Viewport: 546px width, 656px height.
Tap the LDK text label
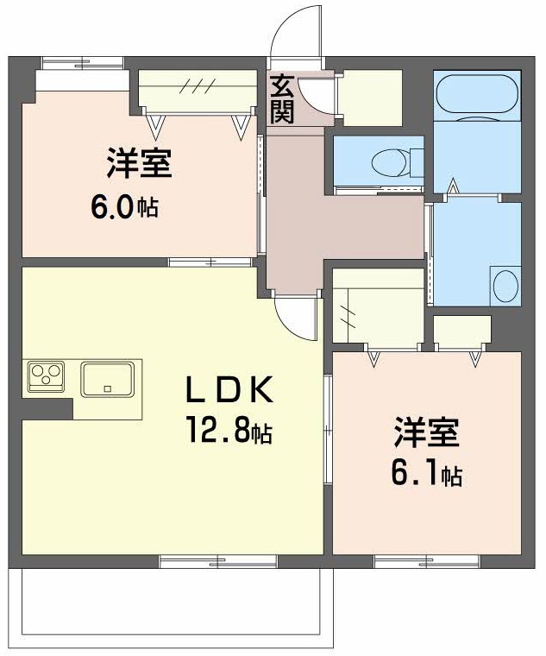pyautogui.click(x=230, y=392)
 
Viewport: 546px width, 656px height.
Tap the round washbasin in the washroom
pyautogui.click(x=505, y=285)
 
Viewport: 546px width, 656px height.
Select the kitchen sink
pyautogui.click(x=107, y=379)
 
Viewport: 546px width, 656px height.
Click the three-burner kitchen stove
pyautogui.click(x=46, y=375)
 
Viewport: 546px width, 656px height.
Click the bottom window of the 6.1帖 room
pyautogui.click(x=426, y=561)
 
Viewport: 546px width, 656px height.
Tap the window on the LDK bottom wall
pyautogui.click(x=217, y=561)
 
